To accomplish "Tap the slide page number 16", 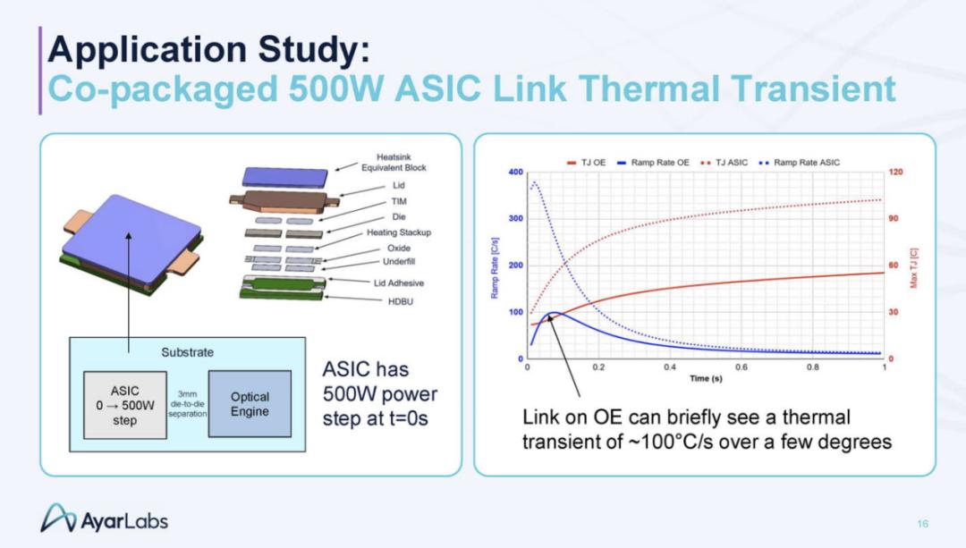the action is pos(922,524).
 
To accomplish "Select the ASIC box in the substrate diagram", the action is pos(125,405).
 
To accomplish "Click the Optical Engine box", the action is pos(250,404).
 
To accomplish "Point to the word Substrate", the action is pos(187,352).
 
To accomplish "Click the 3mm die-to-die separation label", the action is pos(187,404).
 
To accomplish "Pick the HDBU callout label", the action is pos(401,301).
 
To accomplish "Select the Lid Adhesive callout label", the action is pos(399,283).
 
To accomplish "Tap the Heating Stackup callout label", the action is pos(399,232).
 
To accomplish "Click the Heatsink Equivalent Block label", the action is pos(394,163).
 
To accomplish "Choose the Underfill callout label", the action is pos(399,262).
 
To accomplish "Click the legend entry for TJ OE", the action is pos(586,163).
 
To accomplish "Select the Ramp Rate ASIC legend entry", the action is pos(799,163).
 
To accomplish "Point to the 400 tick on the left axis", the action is pos(516,172).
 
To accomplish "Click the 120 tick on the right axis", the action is pos(895,172).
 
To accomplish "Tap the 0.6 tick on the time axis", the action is pos(741,367).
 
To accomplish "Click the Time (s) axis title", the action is pos(706,378).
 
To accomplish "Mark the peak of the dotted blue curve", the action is pos(535,182).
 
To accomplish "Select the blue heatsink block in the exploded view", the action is pos(284,177).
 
